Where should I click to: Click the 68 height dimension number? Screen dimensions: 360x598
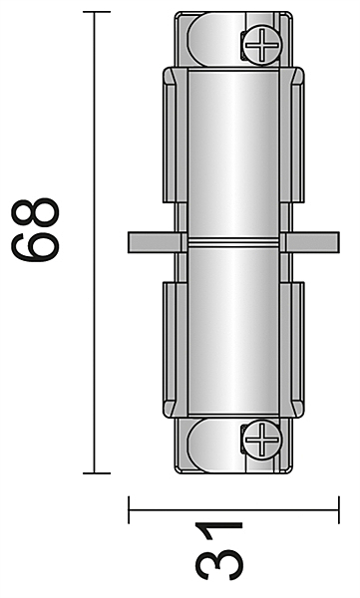35,229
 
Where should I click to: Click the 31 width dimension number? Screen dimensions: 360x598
219,551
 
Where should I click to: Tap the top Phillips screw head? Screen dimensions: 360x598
262,44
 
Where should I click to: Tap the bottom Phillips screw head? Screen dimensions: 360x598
262,439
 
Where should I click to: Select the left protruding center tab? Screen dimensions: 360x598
155,242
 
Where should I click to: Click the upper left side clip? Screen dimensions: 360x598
176,135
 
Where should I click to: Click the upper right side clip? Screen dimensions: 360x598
292,135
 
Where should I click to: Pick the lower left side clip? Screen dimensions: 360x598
176,350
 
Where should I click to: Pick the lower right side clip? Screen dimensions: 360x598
292,350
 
